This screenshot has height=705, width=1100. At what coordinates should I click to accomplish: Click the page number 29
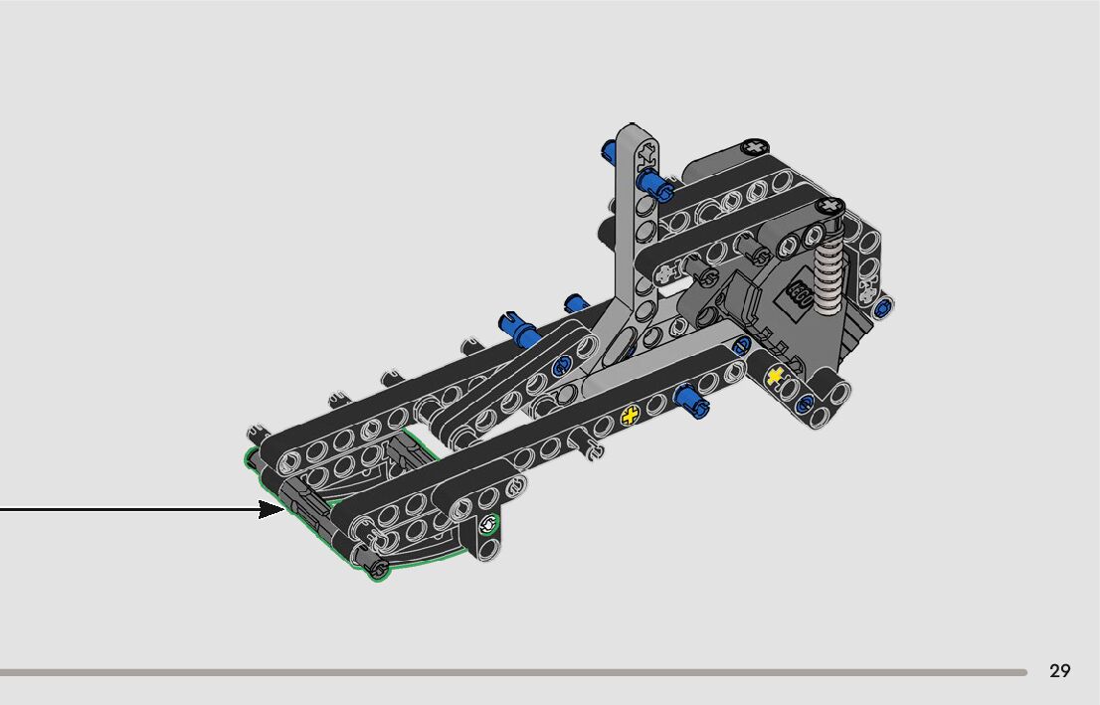click(1059, 671)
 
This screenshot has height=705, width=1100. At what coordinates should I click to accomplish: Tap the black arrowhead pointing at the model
click(271, 509)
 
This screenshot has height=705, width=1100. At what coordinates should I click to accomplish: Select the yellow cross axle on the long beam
click(630, 416)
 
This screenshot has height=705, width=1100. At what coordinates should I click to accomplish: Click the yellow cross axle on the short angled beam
click(775, 377)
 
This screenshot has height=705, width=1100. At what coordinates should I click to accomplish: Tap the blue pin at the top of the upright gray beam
click(655, 185)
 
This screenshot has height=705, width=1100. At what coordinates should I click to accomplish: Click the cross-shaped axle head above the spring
click(829, 206)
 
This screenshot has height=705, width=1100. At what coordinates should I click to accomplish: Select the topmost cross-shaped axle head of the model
click(754, 146)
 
